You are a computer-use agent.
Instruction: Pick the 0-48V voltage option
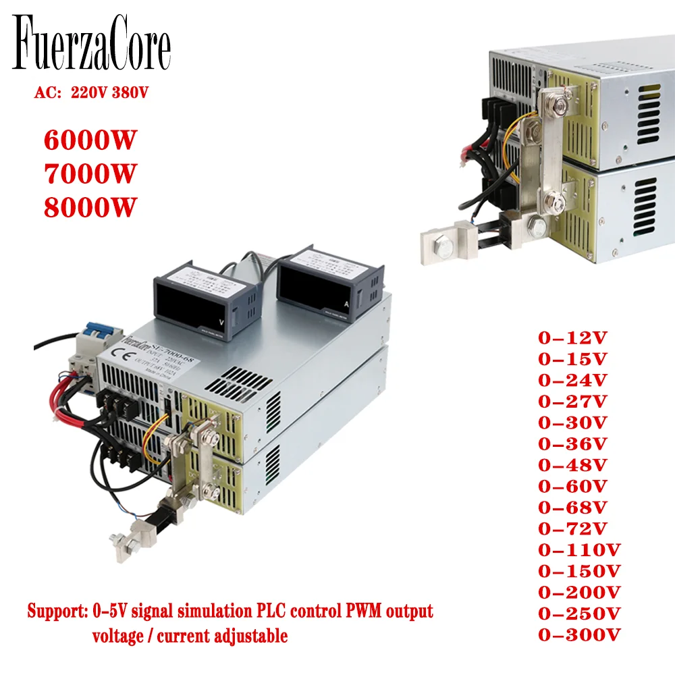[573, 465]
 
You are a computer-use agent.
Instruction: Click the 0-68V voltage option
[573, 507]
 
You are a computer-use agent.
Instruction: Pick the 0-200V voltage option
[579, 592]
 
